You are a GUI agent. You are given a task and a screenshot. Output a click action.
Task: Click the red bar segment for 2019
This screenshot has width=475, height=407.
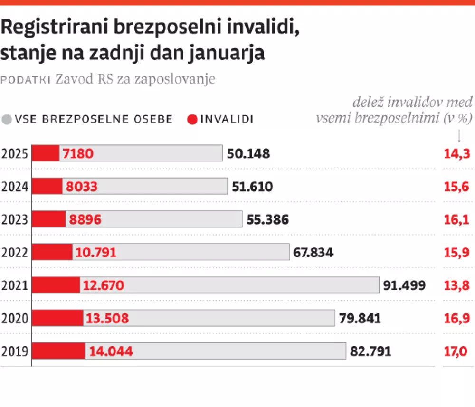(58, 351)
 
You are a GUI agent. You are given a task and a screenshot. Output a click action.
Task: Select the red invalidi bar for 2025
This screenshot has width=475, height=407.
(46, 153)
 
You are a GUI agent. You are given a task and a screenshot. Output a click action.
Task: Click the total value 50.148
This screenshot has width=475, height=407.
(248, 154)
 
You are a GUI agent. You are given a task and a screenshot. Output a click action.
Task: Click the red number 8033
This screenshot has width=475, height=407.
(82, 187)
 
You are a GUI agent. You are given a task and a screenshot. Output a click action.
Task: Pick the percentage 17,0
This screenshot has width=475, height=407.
(456, 351)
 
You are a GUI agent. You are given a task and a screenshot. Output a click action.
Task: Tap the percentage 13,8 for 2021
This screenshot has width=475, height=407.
(456, 285)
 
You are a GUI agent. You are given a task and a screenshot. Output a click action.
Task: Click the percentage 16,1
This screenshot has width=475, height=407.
(456, 220)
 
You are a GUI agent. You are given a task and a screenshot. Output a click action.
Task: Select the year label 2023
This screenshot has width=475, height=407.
(15, 220)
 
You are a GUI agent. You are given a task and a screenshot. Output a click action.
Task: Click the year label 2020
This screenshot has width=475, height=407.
(15, 319)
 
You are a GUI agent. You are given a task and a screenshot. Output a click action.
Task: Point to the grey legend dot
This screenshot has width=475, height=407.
(7, 119)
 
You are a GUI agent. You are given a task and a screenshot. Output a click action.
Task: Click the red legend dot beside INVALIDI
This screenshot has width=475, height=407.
(192, 119)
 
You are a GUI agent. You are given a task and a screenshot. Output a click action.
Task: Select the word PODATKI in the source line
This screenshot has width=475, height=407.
(26, 80)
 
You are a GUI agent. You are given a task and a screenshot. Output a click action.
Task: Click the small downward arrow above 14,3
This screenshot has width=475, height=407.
(459, 137)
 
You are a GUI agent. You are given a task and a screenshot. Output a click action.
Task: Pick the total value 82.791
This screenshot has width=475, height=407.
(370, 351)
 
